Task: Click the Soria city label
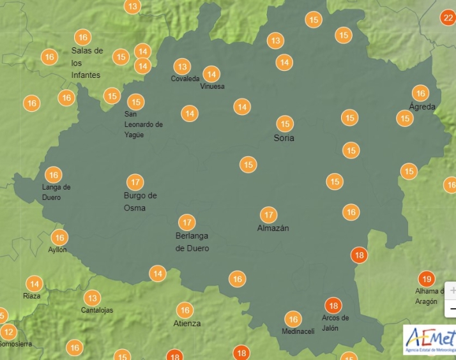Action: pyautogui.click(x=284, y=138)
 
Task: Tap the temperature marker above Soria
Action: pyautogui.click(x=285, y=124)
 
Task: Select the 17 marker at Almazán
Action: pyautogui.click(x=269, y=215)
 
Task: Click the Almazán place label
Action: pyautogui.click(x=273, y=229)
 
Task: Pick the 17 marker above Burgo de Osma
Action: pyautogui.click(x=134, y=182)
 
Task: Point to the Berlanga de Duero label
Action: pyautogui.click(x=192, y=242)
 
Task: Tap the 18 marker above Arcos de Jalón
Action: pyautogui.click(x=332, y=305)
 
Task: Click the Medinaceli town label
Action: pyautogui.click(x=298, y=331)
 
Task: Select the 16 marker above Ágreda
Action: pyautogui.click(x=420, y=93)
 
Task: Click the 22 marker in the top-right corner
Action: pyautogui.click(x=448, y=18)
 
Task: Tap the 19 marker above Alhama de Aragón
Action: pyautogui.click(x=427, y=279)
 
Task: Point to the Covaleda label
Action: pyautogui.click(x=185, y=79)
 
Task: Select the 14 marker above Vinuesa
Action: pyautogui.click(x=211, y=74)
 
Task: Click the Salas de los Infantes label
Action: pyautogui.click(x=87, y=63)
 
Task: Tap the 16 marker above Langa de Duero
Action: pyautogui.click(x=53, y=174)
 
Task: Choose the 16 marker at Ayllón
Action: pyautogui.click(x=59, y=237)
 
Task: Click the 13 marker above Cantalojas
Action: pyautogui.click(x=93, y=298)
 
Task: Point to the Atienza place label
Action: pyautogui.click(x=187, y=324)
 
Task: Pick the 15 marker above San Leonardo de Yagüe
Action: pyautogui.click(x=135, y=102)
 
